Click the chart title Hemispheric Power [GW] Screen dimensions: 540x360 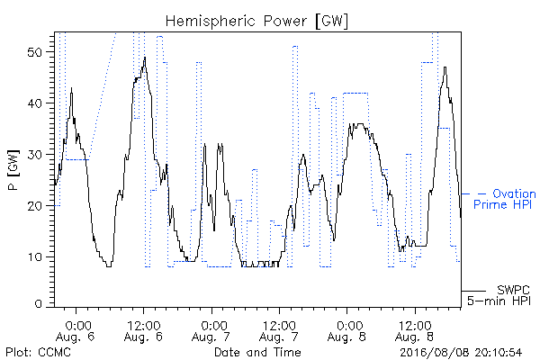coord(256,21)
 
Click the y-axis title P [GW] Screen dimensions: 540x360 coord(13,170)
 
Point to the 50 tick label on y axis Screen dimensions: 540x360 coord(34,52)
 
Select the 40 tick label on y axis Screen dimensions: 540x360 coord(34,103)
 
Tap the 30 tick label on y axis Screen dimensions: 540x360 coord(34,155)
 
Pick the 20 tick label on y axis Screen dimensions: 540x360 coord(34,206)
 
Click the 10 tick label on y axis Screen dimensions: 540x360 coord(35,257)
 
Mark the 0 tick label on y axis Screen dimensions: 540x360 coord(38,304)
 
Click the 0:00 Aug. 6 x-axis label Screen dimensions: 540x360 coord(76,331)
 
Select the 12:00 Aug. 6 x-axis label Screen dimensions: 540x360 coord(143,331)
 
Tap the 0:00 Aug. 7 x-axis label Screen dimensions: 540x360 coord(211,331)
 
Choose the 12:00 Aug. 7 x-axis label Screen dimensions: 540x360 coord(279,331)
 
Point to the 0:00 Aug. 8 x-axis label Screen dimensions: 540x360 coord(347,331)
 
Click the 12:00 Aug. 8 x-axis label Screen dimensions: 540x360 coord(415,331)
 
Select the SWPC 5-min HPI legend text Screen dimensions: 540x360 coord(499,295)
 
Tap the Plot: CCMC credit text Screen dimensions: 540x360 coord(38,353)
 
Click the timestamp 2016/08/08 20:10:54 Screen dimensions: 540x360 coord(461,353)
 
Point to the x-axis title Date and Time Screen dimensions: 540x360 coord(257,352)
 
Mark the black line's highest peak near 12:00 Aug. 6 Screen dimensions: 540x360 coord(145,58)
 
